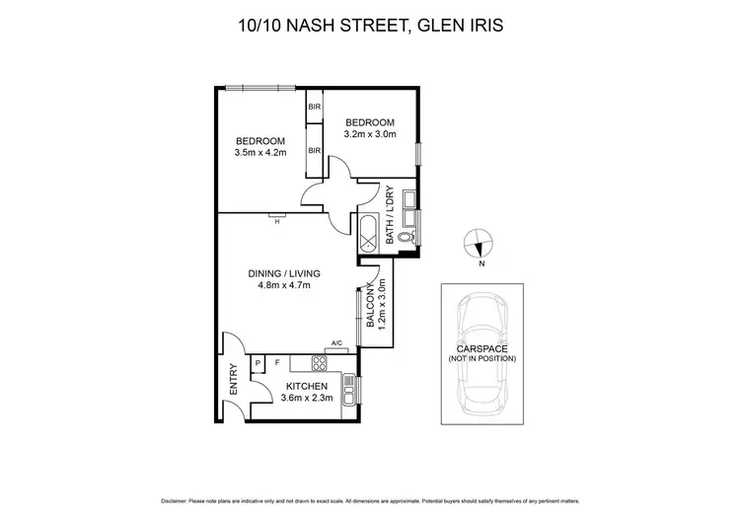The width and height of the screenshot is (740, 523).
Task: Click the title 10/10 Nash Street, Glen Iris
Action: [x=370, y=23]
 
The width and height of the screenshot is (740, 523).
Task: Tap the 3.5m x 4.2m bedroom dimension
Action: [x=260, y=153]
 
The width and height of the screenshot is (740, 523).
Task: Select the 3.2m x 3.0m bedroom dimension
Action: [x=370, y=134]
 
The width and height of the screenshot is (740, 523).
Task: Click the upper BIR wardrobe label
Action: [x=314, y=107]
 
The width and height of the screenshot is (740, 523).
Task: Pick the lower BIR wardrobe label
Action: [x=314, y=150]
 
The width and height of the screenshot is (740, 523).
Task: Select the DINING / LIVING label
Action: [x=284, y=273]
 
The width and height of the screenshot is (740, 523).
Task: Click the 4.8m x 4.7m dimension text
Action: [x=284, y=286]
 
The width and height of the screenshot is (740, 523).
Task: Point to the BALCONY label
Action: [x=371, y=306]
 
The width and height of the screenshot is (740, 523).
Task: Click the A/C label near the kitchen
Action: [x=336, y=343]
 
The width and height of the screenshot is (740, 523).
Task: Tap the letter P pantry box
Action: [x=259, y=363]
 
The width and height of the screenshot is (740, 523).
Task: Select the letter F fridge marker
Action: [x=277, y=363]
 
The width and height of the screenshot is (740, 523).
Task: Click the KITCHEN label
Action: [x=307, y=387]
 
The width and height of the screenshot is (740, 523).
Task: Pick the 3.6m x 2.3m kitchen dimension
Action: [x=307, y=399]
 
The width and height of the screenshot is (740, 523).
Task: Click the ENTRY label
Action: [x=234, y=380]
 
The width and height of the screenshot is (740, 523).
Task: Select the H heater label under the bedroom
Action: [x=277, y=221]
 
